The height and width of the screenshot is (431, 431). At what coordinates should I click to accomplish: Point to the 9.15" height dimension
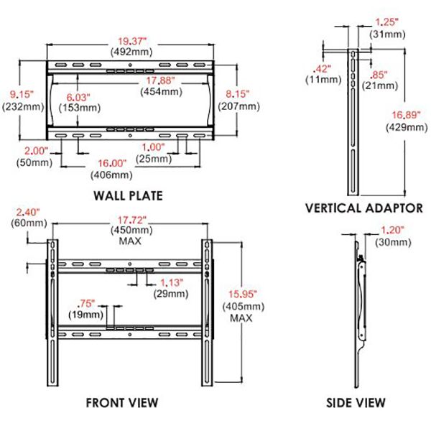click(x=15, y=93)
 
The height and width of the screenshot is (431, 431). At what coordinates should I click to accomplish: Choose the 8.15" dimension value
click(x=238, y=93)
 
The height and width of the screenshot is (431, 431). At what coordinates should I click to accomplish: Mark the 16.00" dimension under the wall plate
click(x=111, y=162)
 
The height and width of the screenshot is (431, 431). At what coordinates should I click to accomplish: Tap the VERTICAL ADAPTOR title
click(x=363, y=208)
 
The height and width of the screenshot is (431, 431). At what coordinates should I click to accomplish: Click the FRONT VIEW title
click(x=121, y=402)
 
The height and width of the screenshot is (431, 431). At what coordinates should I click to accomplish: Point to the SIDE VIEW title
click(x=355, y=402)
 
